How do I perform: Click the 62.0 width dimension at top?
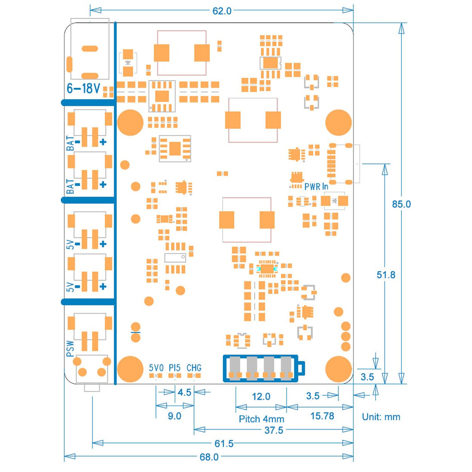[x=221, y=11]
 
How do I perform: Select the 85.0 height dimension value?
[x=401, y=204]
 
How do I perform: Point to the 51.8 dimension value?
[x=386, y=274]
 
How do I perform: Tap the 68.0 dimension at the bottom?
[x=209, y=456]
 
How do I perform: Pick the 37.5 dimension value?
[x=273, y=430]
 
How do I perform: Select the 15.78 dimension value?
[x=320, y=415]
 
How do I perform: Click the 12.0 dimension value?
[x=261, y=396]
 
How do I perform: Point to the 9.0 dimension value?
[x=174, y=415]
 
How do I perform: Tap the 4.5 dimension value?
[x=184, y=392]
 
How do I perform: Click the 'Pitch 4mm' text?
[x=261, y=418]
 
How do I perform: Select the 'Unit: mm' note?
[x=381, y=416]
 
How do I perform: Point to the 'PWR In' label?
[x=316, y=186]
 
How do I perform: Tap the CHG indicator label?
[x=194, y=367]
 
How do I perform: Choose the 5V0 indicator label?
[x=156, y=367]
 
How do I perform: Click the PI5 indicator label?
[x=175, y=367]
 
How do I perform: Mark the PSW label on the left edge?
[x=70, y=348]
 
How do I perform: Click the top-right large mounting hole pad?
[x=338, y=122]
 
